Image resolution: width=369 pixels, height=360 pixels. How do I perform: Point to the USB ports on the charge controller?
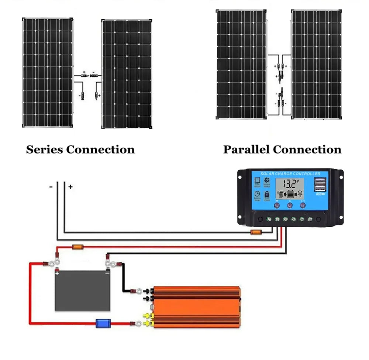[x=320, y=185]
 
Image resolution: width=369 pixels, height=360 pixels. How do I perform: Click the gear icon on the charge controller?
[x=266, y=180]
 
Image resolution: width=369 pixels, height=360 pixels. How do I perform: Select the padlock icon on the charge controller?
[x=266, y=194]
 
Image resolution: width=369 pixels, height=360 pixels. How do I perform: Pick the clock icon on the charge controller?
[x=257, y=194]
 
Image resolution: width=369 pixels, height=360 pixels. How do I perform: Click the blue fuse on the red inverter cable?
[x=101, y=323]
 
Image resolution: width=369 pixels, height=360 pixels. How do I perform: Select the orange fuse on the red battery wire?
[x=77, y=247]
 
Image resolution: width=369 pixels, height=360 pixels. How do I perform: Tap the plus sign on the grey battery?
[x=57, y=273]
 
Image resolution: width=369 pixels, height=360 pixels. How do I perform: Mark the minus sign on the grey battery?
[x=107, y=273]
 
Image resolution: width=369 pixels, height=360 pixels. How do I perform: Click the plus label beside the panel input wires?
[x=70, y=187]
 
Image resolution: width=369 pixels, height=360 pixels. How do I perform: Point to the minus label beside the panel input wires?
[x=51, y=187]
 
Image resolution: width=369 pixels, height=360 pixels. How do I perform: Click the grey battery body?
[x=82, y=291]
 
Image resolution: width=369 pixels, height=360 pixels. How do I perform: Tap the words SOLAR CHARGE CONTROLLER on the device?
[x=290, y=174]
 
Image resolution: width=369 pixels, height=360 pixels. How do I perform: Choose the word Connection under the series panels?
[x=100, y=150]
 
